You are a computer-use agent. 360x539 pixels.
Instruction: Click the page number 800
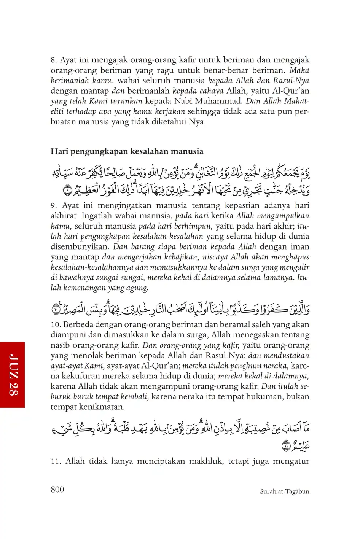(57, 490)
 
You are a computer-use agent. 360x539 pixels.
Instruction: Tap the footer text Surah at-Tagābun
(284, 491)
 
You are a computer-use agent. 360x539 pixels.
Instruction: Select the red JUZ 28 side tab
(13, 375)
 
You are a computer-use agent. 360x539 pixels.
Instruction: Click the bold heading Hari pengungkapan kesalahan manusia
(127, 151)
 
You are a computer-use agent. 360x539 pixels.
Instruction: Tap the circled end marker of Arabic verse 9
(67, 188)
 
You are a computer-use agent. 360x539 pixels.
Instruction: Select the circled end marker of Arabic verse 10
(56, 309)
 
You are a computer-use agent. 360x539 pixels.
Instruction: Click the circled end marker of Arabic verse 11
(285, 446)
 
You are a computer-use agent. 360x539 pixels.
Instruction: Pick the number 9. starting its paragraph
(54, 206)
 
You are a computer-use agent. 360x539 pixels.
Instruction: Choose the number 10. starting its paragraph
(56, 325)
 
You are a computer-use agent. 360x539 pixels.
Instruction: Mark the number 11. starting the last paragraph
(56, 461)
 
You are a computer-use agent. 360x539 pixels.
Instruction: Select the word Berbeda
(78, 325)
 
